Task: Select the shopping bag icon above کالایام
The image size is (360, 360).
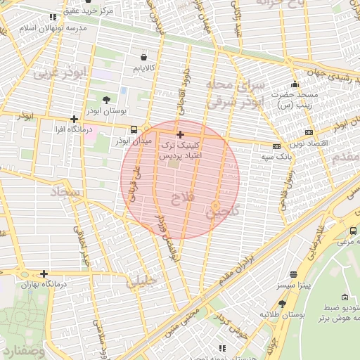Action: click(144, 56)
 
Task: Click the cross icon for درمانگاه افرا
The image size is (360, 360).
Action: click(74, 119)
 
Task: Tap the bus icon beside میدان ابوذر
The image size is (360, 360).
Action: click(134, 129)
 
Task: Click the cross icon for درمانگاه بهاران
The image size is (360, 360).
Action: click(44, 274)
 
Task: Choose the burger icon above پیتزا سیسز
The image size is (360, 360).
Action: click(292, 274)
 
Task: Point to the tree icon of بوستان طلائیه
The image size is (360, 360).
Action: click(282, 304)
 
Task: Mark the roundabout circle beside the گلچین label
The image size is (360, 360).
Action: click(215, 206)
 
